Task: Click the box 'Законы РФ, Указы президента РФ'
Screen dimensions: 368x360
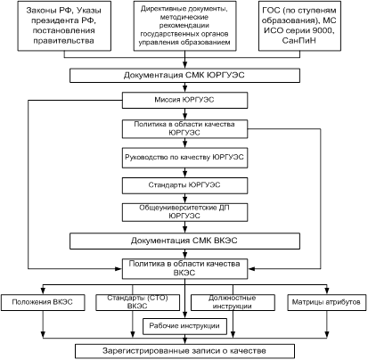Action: pos(64,26)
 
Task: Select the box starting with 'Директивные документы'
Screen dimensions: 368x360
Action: pos(184,26)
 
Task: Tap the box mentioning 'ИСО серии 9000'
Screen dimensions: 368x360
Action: pos(299,26)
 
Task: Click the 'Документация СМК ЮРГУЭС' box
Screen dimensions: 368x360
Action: pos(184,76)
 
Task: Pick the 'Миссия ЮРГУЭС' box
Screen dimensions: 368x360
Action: pos(184,100)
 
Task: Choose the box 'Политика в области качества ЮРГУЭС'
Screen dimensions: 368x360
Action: pos(184,129)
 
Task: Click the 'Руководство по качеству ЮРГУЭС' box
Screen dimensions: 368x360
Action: pos(184,158)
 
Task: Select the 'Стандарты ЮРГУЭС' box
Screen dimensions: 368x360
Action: pos(184,185)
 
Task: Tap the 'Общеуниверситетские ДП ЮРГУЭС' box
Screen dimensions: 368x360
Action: pos(184,212)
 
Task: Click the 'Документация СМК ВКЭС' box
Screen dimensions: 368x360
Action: pos(184,241)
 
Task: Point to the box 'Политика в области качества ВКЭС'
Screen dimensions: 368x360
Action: pos(184,268)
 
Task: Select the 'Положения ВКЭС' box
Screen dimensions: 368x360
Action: pos(43,302)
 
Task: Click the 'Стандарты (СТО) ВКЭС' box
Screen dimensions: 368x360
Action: pos(138,302)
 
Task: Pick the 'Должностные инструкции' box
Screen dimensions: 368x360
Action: pos(233,302)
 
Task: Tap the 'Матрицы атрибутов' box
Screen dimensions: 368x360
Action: pos(327,302)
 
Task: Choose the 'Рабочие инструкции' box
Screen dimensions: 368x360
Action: pos(184,326)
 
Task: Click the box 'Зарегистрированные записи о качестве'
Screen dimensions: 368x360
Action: pos(184,351)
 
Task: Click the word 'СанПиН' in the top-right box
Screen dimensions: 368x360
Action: pos(299,41)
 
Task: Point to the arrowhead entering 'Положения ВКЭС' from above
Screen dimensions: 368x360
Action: pos(43,290)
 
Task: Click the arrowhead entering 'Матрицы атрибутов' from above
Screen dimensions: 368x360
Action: pos(327,290)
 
